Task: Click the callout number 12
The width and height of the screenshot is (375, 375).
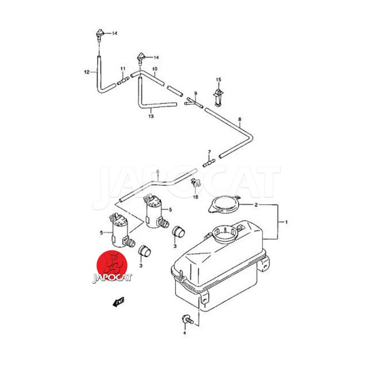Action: click(x=87, y=72)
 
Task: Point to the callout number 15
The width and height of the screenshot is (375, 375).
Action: click(x=218, y=80)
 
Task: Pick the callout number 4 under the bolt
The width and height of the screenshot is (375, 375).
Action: click(x=185, y=333)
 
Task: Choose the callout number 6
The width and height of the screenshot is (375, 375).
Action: click(x=158, y=172)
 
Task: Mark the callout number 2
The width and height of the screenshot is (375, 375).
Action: click(x=256, y=205)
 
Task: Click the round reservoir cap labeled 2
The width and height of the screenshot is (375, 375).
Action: click(x=223, y=204)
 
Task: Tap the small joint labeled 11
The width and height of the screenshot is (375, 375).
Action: click(x=122, y=81)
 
